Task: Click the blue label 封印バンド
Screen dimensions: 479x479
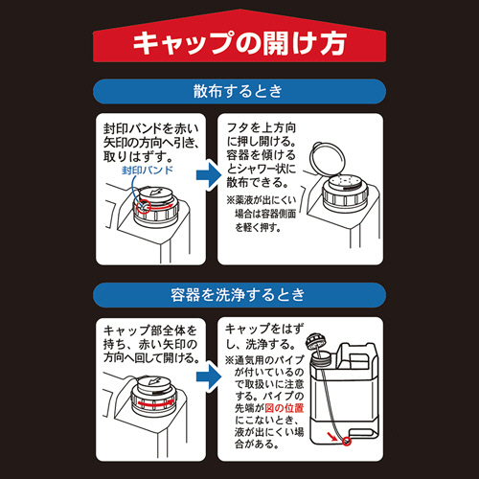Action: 148,170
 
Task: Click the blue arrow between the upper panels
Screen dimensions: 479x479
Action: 209,175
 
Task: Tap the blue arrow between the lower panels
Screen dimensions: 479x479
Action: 209,376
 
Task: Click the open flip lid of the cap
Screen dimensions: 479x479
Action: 328,160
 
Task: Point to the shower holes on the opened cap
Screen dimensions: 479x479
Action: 345,182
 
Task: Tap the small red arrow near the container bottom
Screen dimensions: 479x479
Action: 332,436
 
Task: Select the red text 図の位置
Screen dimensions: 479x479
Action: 285,408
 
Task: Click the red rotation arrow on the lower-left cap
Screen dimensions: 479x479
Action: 153,403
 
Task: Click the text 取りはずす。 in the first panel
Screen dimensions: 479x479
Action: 138,156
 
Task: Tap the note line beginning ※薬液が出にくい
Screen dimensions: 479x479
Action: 262,200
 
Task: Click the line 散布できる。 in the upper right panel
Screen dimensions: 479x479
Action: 258,183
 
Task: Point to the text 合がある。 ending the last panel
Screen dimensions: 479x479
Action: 255,444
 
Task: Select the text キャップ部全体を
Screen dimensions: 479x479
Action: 149,331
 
